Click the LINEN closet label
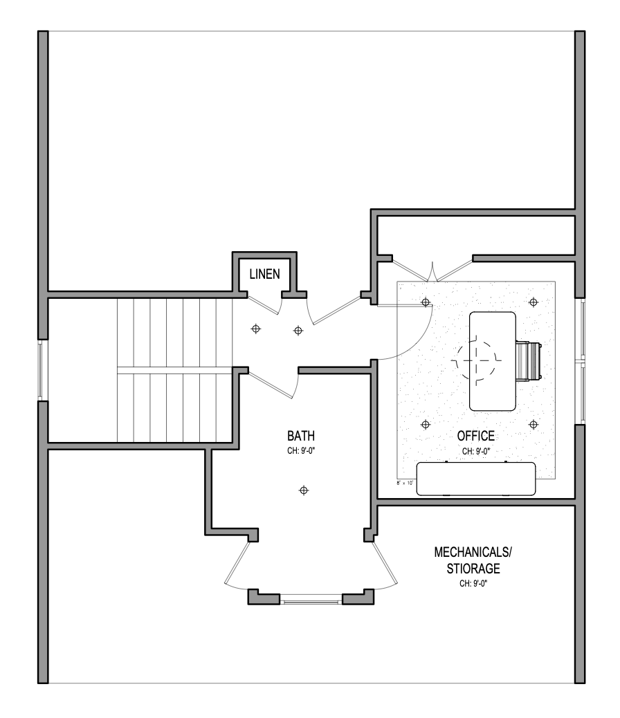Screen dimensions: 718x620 [x=264, y=274]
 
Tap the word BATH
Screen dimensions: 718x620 [x=301, y=436]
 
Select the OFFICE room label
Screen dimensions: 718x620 [x=476, y=436]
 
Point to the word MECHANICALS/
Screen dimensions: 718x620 [x=474, y=553]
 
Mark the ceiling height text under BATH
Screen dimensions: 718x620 [x=301, y=450]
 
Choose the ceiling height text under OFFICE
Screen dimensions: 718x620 [x=476, y=450]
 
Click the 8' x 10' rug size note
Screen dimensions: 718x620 [x=405, y=483]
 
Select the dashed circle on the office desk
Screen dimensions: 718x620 [x=477, y=360]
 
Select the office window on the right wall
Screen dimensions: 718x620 [x=582, y=360]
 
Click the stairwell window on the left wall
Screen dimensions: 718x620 [x=42, y=370]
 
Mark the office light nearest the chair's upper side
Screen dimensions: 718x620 [x=533, y=302]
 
